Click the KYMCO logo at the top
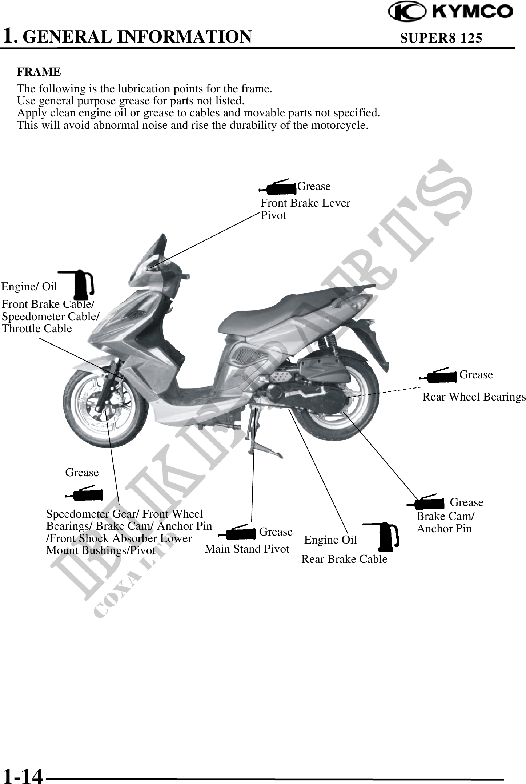(450, 12)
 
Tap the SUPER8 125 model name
(441, 38)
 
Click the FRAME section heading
(39, 72)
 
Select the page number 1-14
(22, 774)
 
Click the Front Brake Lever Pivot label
(305, 209)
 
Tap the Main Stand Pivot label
(247, 549)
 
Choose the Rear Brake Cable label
(344, 559)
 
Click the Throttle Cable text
(37, 329)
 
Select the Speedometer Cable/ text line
(51, 316)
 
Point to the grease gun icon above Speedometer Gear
(84, 493)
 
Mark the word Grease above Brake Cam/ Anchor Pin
(467, 502)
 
